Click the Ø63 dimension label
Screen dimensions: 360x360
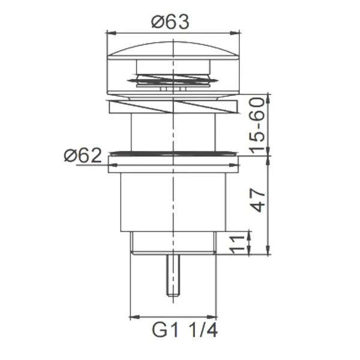click(170, 22)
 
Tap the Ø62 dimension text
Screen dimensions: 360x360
click(83, 155)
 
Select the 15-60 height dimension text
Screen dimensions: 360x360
click(257, 126)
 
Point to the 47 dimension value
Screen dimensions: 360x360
click(258, 200)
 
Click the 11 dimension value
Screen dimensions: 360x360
click(238, 245)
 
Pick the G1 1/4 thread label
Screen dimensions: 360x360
click(185, 331)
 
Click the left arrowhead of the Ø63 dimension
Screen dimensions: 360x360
click(111, 33)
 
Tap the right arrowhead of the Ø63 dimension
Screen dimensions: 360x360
click(235, 33)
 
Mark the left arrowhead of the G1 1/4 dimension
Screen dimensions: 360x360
click(135, 317)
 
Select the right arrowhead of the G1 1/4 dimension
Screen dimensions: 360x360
click(212, 317)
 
